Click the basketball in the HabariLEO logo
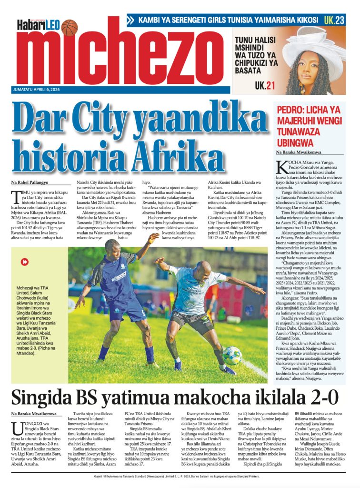[x=69, y=27]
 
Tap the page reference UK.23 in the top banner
[x=334, y=20]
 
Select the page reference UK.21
[x=265, y=86]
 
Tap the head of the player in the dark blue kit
[x=112, y=247]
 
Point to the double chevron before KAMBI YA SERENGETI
[x=131, y=20]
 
